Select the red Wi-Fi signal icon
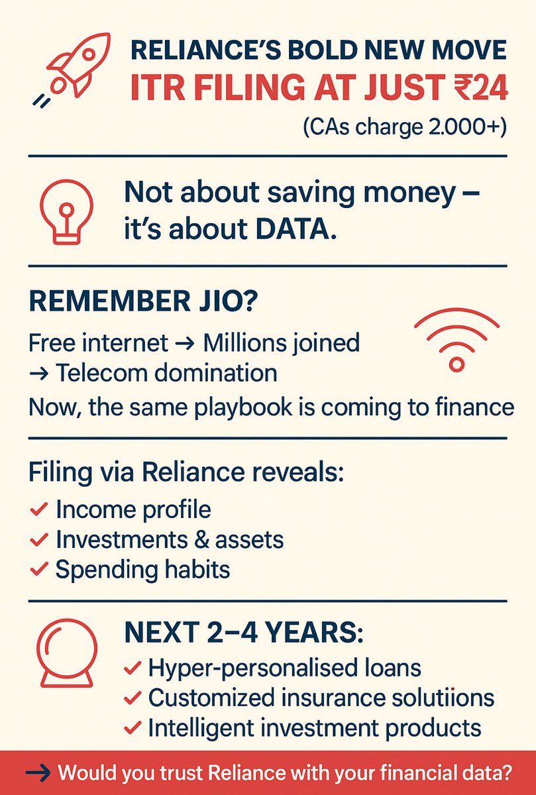pyautogui.click(x=455, y=341)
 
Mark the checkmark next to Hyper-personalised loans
pyautogui.click(x=132, y=668)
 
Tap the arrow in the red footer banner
pyautogui.click(x=39, y=772)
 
